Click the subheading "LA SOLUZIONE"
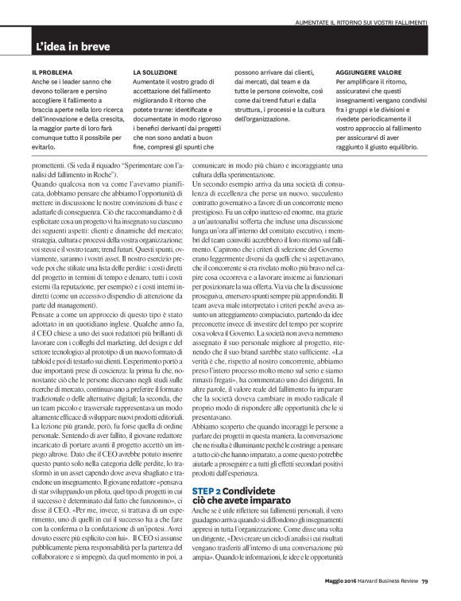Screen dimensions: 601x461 157,72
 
